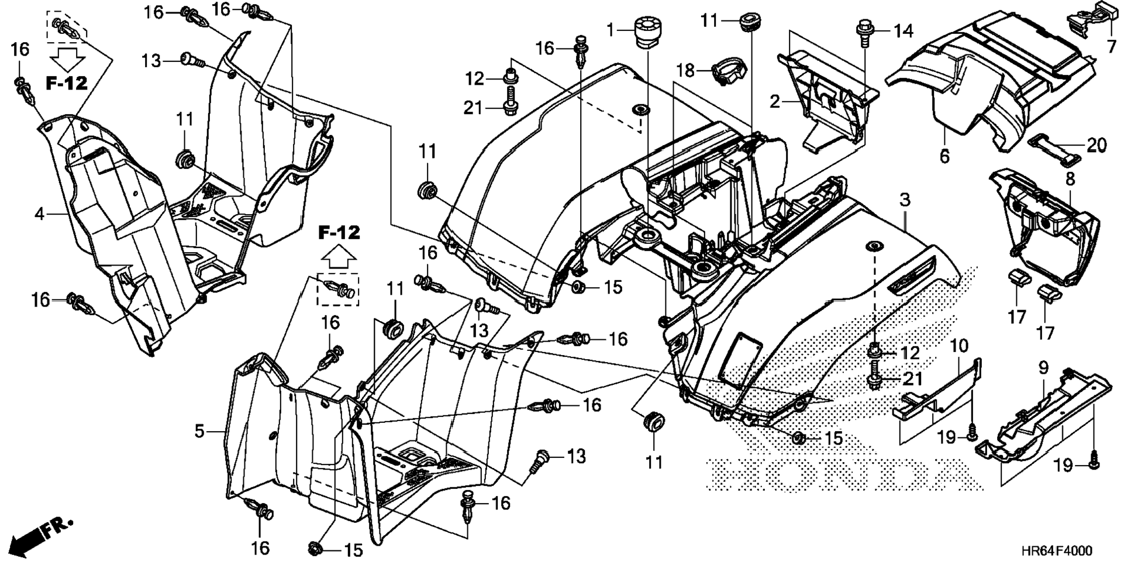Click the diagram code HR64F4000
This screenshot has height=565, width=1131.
pos(1056,551)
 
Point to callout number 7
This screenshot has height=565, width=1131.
pos(1111,46)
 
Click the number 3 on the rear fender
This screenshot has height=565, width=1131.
pos(905,200)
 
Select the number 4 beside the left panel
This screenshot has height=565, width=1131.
pos(39,214)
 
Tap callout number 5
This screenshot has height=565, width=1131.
pos(199,432)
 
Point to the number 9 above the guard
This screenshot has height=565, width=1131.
pos(1044,368)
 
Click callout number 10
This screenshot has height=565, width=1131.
pos(959,345)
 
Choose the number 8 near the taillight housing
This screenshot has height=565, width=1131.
pos(1070,179)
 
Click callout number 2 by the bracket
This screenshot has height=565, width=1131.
pos(775,102)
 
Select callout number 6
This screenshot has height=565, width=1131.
pos(945,156)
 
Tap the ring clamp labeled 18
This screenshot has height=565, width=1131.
pos(730,71)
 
